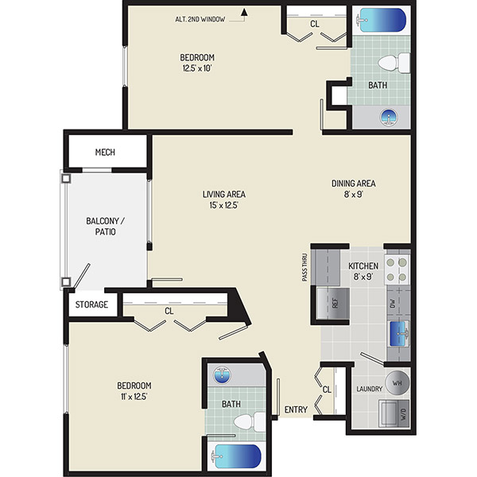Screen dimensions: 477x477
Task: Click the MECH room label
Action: pyautogui.click(x=105, y=152)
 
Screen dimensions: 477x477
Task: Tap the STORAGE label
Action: pyautogui.click(x=91, y=304)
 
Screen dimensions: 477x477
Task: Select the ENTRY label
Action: pyautogui.click(x=296, y=409)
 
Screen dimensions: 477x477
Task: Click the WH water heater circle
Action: pyautogui.click(x=397, y=383)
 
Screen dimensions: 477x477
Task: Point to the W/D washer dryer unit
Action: pyautogui.click(x=394, y=413)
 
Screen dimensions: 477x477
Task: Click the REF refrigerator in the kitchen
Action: pyautogui.click(x=333, y=304)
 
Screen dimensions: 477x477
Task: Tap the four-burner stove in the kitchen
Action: pyautogui.click(x=397, y=270)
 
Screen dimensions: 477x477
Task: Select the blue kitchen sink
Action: pyautogui.click(x=399, y=334)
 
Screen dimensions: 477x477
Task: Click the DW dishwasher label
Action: pyautogui.click(x=393, y=304)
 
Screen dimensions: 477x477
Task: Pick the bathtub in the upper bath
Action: pyautogui.click(x=382, y=20)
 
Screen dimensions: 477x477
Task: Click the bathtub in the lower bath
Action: pyautogui.click(x=237, y=456)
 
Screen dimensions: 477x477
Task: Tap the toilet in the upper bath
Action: pyautogui.click(x=394, y=63)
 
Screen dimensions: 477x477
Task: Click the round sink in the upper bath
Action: pyautogui.click(x=389, y=117)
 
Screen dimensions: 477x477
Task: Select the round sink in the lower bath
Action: pyautogui.click(x=222, y=375)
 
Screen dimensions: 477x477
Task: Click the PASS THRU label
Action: pyautogui.click(x=304, y=267)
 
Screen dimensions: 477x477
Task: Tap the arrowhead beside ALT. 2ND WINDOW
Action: pyautogui.click(x=244, y=12)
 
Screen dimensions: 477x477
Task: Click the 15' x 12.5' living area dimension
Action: pyautogui.click(x=223, y=205)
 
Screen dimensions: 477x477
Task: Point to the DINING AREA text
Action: pyautogui.click(x=354, y=184)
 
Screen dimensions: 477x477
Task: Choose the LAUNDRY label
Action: pyautogui.click(x=370, y=389)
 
